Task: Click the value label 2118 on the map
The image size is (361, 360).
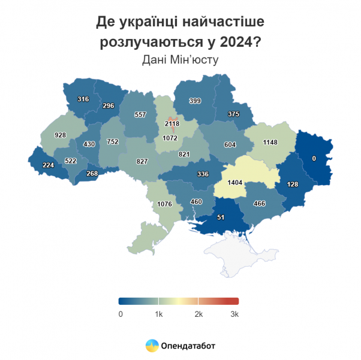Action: [x=172, y=123]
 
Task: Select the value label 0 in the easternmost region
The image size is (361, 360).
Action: [x=314, y=158]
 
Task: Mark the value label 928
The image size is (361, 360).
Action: [x=60, y=135]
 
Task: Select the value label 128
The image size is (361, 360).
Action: [x=292, y=184]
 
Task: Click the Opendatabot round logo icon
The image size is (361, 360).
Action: [x=152, y=346]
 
